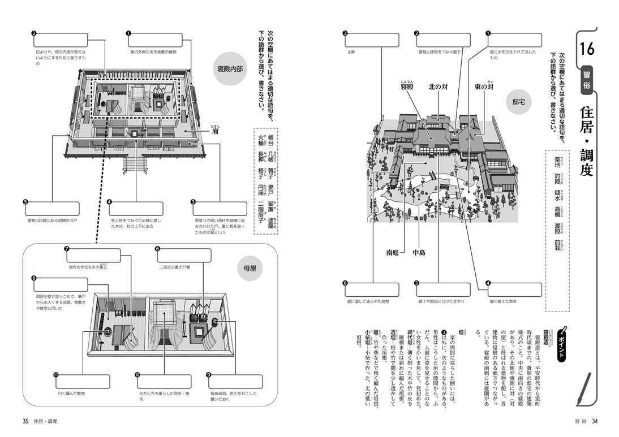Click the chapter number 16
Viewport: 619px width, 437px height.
[586, 49]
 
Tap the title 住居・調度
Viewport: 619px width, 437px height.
[586, 139]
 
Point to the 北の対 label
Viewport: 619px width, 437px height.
[438, 87]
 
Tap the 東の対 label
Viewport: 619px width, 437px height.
[485, 87]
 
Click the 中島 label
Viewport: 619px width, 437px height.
[419, 253]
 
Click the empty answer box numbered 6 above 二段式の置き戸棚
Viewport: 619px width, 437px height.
[183, 256]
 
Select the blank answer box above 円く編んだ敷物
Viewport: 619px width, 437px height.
[82, 382]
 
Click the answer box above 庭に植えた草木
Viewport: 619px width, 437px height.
[514, 291]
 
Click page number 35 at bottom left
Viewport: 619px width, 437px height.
[25, 421]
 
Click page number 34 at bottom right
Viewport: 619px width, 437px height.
[595, 421]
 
